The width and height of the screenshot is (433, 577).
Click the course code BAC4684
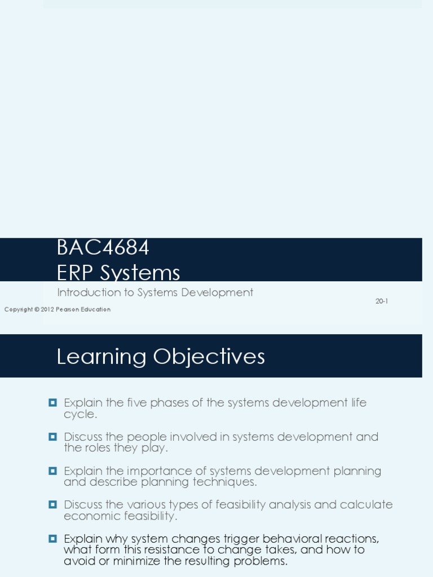click(103, 248)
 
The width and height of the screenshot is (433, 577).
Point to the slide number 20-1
click(382, 301)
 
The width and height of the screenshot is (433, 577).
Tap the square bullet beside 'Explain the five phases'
click(53, 402)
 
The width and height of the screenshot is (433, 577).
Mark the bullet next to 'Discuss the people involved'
click(53, 436)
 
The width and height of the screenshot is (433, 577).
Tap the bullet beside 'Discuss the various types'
click(53, 504)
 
